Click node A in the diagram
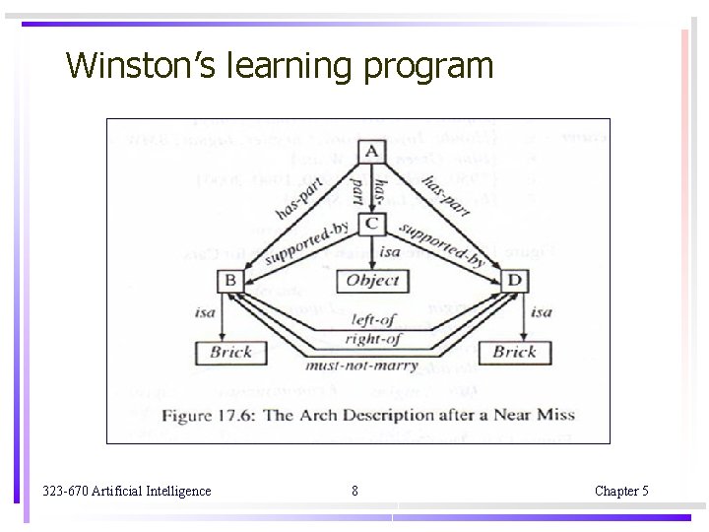(371, 151)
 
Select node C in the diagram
(371, 224)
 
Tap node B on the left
(229, 282)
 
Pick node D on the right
(514, 282)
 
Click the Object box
(372, 281)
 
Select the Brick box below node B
(230, 352)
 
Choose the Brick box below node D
(514, 352)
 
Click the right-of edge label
(373, 339)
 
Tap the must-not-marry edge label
(362, 366)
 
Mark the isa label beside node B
(205, 313)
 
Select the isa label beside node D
(542, 312)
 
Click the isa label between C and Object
(390, 252)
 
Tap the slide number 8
(354, 491)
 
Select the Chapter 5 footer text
(621, 491)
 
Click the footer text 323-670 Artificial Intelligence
(127, 491)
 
